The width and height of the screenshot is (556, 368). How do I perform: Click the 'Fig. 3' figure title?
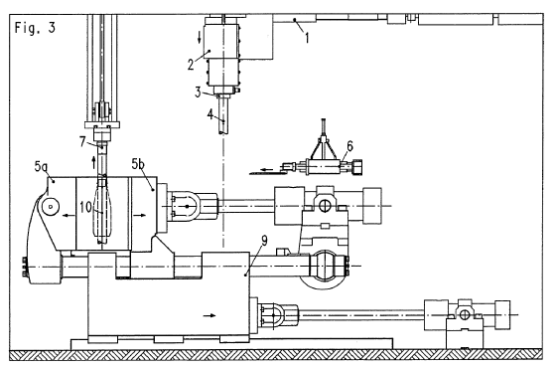35,28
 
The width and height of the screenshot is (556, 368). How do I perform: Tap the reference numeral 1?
307,38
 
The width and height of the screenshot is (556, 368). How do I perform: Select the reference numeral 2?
191,65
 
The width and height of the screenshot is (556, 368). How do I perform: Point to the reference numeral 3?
198,92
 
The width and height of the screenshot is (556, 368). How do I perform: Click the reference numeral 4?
210,115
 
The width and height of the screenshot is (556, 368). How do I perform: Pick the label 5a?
41,166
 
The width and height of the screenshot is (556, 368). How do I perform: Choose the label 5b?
138,164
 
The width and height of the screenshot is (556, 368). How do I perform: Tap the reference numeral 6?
349,146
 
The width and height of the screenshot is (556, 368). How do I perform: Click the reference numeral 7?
82,141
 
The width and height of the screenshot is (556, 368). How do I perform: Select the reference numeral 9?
264,241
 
